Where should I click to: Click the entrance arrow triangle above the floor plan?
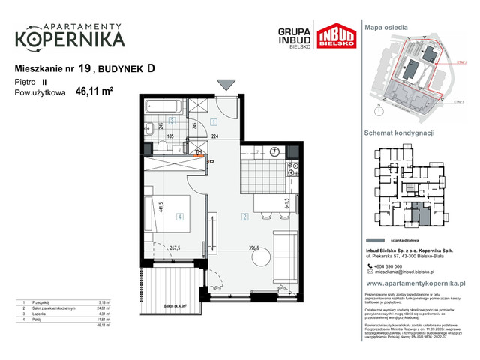[224, 84]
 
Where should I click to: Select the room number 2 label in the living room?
[244, 217]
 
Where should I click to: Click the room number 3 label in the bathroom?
[172, 120]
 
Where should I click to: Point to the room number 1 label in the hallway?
[213, 121]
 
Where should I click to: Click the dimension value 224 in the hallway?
[214, 137]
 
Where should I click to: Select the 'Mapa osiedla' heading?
[386, 27]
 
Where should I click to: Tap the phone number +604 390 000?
[388, 266]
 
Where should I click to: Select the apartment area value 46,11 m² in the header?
[94, 92]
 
